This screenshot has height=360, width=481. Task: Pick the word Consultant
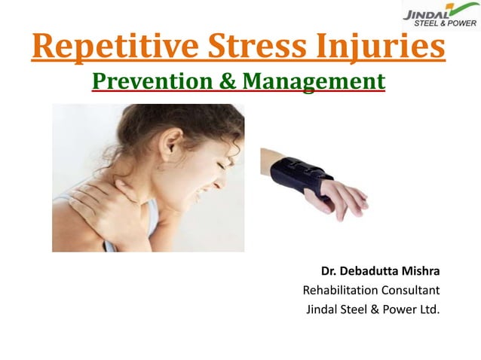click(414, 290)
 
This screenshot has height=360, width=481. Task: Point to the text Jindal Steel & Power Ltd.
click(372, 309)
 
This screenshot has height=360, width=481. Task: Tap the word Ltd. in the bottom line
click(427, 309)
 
